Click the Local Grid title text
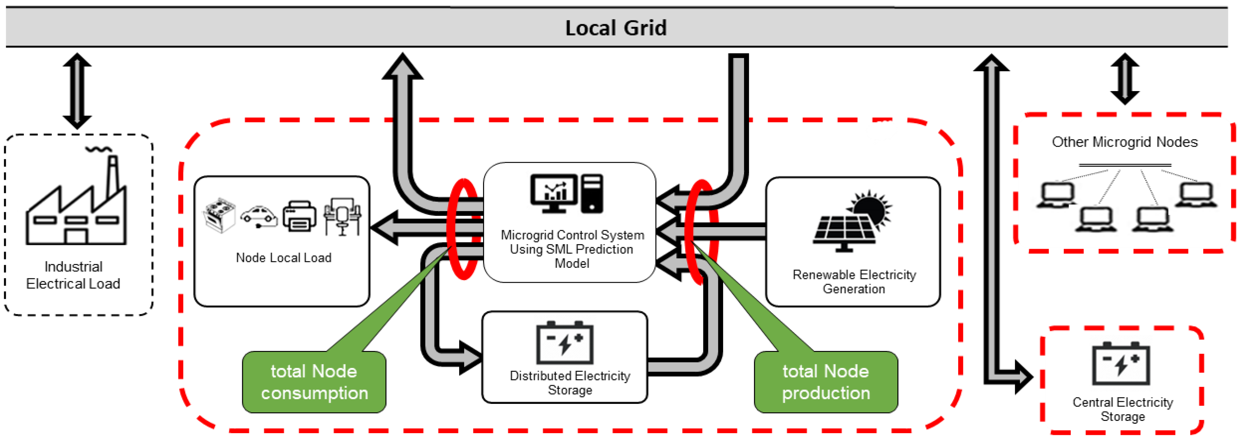click(x=616, y=28)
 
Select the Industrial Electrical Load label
click(x=73, y=275)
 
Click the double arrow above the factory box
click(x=77, y=90)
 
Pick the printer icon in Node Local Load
click(x=299, y=216)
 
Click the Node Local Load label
click(x=284, y=258)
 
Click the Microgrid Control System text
click(x=572, y=249)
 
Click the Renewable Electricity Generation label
click(x=854, y=282)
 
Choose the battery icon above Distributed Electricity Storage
click(x=565, y=343)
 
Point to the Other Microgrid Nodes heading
click(x=1125, y=142)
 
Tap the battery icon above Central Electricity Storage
click(x=1121, y=364)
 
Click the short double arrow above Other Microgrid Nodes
click(x=1125, y=79)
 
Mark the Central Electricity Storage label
click(x=1122, y=409)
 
